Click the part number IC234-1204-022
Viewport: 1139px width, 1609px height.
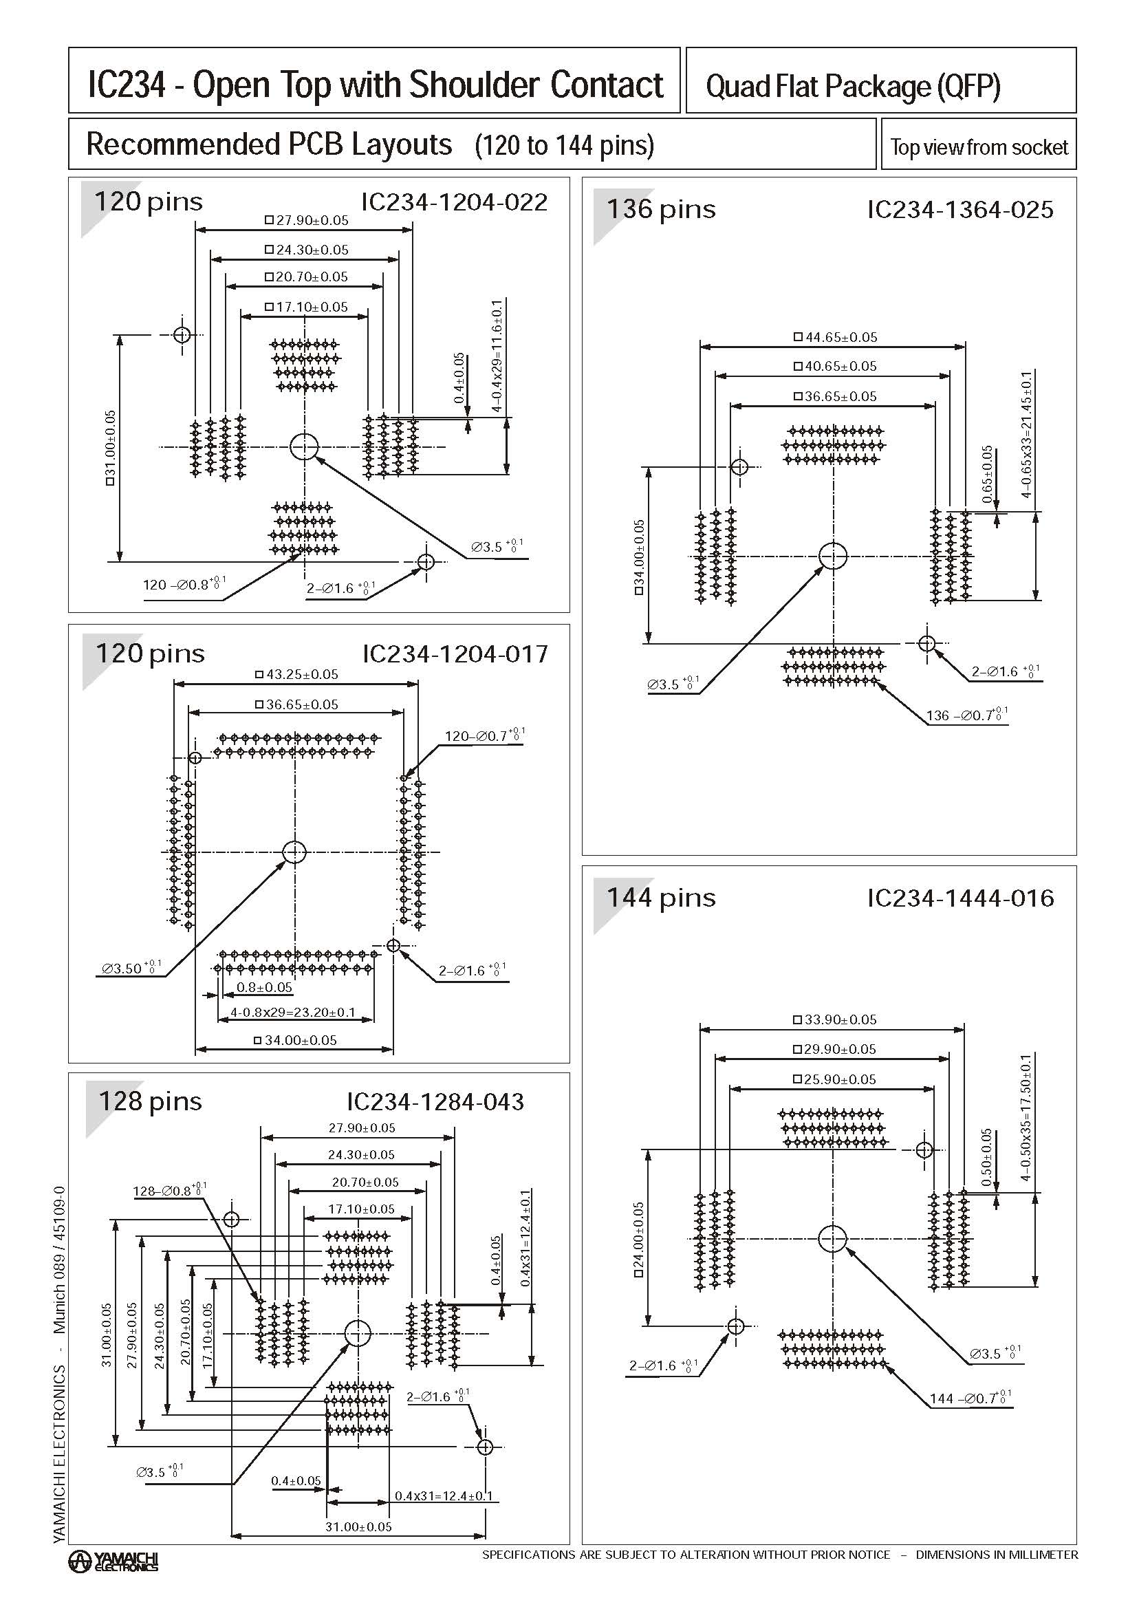coord(454,202)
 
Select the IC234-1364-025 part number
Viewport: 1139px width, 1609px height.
coord(959,210)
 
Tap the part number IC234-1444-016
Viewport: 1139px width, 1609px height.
coord(960,898)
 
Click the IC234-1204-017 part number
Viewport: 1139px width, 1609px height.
coord(455,654)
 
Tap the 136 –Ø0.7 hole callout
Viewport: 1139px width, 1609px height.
coord(967,715)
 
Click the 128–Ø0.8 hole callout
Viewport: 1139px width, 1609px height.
coord(169,1190)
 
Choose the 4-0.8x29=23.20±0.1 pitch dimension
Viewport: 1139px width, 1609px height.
coord(293,1013)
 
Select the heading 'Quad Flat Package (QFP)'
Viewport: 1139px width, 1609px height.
coord(853,86)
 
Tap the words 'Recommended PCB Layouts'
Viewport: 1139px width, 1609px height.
coord(270,144)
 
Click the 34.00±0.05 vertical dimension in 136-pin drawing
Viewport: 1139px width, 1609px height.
coord(639,557)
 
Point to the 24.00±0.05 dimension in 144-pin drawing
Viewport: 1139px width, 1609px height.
coord(639,1240)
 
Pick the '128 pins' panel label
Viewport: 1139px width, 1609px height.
coord(150,1101)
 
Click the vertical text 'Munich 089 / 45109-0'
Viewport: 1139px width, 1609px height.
coord(59,1260)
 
